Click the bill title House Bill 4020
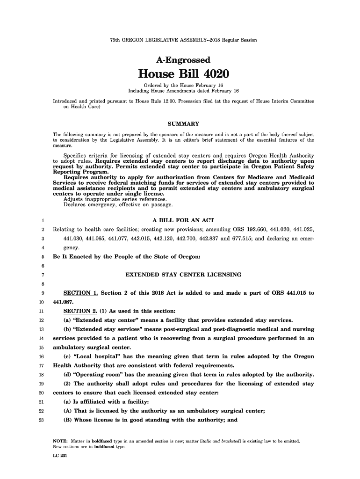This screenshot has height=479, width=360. click(183, 74)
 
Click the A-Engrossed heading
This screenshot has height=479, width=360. click(183, 60)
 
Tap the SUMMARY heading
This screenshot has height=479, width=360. click(183, 124)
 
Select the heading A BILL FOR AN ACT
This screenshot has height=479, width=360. click(183, 220)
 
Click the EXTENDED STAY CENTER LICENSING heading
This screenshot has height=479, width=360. click(184, 274)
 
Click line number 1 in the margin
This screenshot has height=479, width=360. click(42, 221)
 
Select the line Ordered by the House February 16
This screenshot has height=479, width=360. click(183, 85)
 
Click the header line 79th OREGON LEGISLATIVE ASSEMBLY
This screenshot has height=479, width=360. click(183, 40)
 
